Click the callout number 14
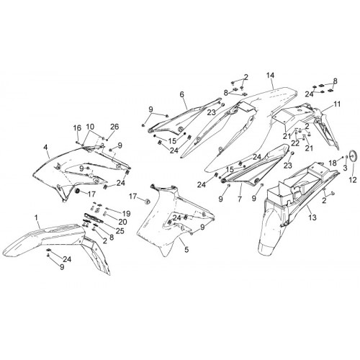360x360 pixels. click(270, 76)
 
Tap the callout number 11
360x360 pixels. click(337, 104)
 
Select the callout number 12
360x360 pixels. click(353, 180)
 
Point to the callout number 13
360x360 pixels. click(312, 217)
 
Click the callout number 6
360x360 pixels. click(181, 94)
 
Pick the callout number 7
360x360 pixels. click(240, 199)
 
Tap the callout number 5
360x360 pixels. click(186, 250)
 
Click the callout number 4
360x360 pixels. click(45, 147)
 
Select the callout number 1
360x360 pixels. click(36, 218)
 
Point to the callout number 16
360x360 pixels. click(77, 128)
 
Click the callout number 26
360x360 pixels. click(114, 127)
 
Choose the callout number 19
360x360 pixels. click(126, 214)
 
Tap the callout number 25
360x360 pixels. click(120, 231)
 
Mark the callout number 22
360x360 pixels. click(295, 143)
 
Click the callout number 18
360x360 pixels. click(333, 163)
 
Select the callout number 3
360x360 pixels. click(345, 168)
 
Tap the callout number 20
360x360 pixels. click(122, 222)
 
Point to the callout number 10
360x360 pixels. click(90, 127)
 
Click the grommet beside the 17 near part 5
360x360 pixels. click(148, 202)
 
